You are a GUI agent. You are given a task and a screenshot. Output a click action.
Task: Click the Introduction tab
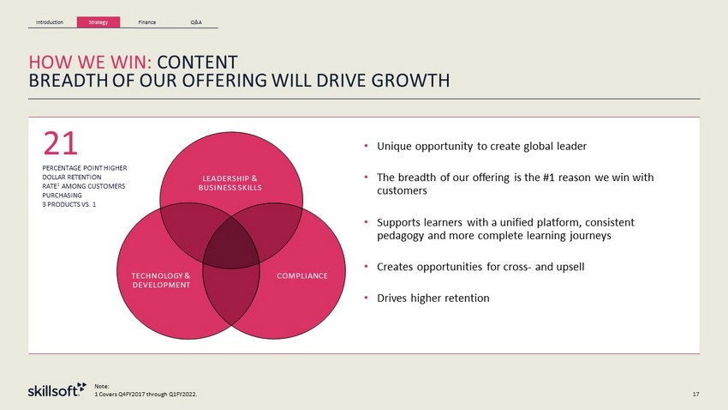[x=50, y=22]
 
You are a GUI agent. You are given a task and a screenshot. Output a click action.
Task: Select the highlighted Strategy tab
[x=98, y=21]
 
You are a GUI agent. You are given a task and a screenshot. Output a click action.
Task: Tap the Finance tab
[x=146, y=22]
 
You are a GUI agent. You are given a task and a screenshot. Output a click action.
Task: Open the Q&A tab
[x=196, y=22]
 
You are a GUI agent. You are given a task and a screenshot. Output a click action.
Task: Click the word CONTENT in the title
[x=197, y=63]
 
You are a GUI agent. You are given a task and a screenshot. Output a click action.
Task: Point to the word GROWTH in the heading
[x=410, y=81]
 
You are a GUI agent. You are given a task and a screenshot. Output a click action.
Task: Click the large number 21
[x=60, y=143]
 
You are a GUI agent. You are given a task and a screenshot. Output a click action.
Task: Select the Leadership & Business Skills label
[x=230, y=184]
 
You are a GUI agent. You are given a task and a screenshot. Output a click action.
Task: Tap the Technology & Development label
[x=161, y=280]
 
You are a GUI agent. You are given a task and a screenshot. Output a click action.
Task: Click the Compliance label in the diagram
[x=302, y=275]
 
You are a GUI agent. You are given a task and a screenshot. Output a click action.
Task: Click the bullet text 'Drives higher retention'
[x=433, y=298]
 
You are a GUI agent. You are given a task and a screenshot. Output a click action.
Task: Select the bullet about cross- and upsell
[x=480, y=267]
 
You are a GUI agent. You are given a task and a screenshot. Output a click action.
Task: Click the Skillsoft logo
[x=57, y=389]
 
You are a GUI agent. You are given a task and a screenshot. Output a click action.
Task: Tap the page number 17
[x=695, y=395]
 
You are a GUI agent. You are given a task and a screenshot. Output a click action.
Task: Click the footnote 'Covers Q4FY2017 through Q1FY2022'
[x=146, y=395]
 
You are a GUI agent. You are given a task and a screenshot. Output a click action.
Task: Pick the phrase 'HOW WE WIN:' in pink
[x=91, y=63]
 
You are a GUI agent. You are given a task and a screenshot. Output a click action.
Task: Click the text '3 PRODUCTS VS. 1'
[x=69, y=204]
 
